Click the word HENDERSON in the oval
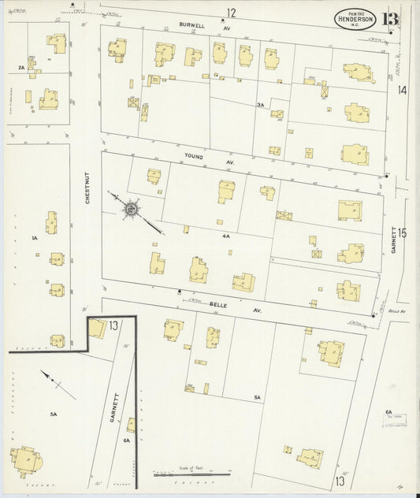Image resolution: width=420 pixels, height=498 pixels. [x=355, y=19]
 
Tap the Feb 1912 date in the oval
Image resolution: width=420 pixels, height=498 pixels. [x=354, y=11]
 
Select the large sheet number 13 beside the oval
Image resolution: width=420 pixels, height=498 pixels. [x=389, y=19]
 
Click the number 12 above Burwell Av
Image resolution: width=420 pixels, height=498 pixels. [x=231, y=13]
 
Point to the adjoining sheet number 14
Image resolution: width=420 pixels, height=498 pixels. [x=403, y=91]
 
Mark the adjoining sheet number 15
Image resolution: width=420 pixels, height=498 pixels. [x=403, y=233]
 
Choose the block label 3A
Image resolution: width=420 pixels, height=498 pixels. [x=260, y=105]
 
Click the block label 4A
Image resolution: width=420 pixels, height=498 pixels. [x=225, y=236]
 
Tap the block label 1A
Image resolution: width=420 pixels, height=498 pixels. [x=35, y=237]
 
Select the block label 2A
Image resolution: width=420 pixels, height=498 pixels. [x=21, y=68]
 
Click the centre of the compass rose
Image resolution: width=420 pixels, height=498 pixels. [x=130, y=209]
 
